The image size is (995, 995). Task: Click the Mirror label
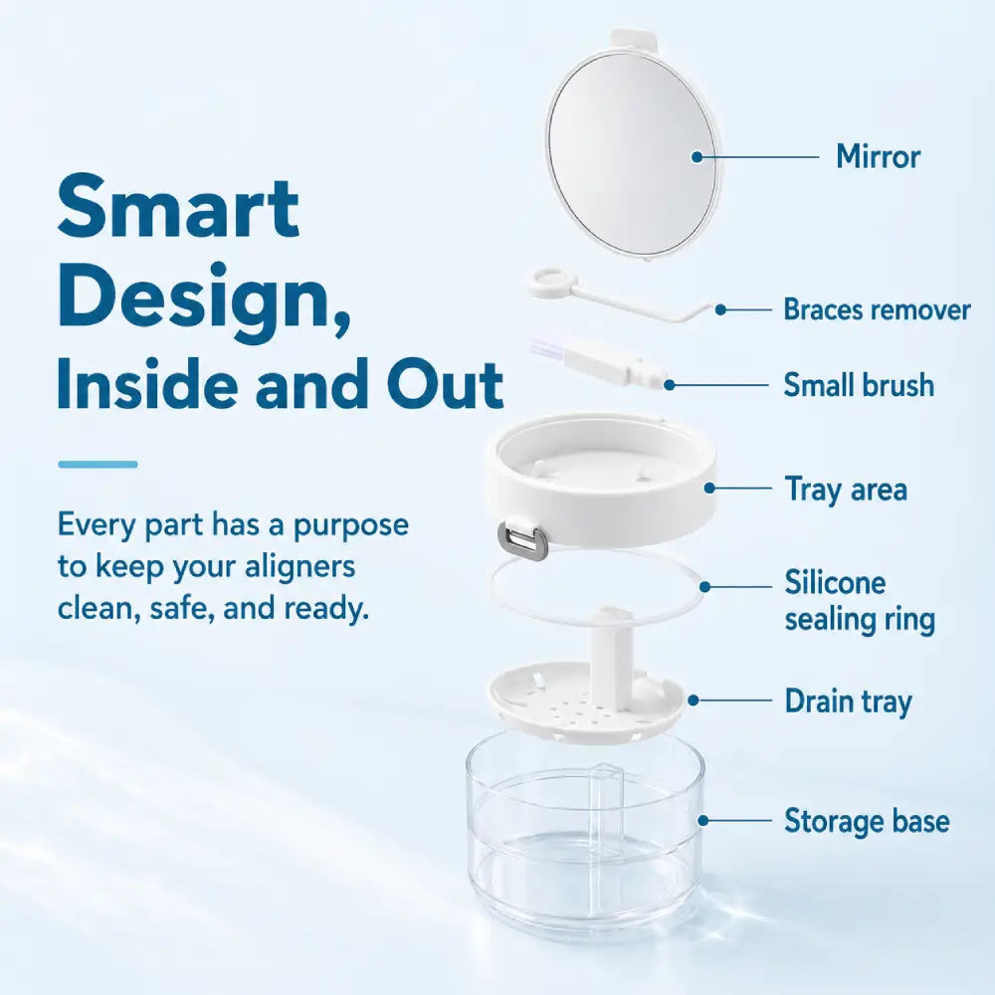tap(878, 156)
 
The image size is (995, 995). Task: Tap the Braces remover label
tap(877, 309)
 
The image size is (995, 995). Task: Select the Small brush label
tap(859, 385)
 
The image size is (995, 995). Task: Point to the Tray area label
tap(846, 490)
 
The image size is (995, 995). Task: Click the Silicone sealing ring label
tap(860, 601)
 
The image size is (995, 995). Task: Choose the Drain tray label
tap(848, 701)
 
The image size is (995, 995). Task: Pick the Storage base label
tap(867, 821)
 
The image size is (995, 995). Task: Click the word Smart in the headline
tap(178, 206)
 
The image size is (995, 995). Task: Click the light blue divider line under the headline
tap(98, 465)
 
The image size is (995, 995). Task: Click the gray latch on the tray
tap(523, 540)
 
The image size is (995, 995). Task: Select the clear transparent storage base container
tap(585, 835)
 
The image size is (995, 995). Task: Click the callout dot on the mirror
tap(696, 156)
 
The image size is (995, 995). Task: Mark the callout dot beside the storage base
tap(702, 821)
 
